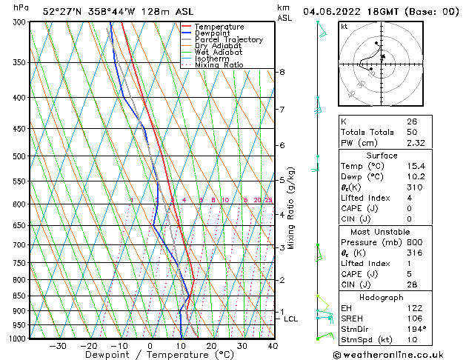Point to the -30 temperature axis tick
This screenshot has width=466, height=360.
[x=57, y=346]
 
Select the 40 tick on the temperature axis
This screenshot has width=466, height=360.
[x=273, y=346]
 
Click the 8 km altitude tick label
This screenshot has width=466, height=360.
[x=282, y=72]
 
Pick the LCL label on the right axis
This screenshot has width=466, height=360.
[x=291, y=319]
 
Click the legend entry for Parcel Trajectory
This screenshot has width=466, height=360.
[x=228, y=39]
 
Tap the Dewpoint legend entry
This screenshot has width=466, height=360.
[x=215, y=33]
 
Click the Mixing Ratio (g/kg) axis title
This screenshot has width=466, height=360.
[x=291, y=207]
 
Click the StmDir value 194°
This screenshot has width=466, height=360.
[x=416, y=329]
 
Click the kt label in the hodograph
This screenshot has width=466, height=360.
[x=344, y=26]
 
